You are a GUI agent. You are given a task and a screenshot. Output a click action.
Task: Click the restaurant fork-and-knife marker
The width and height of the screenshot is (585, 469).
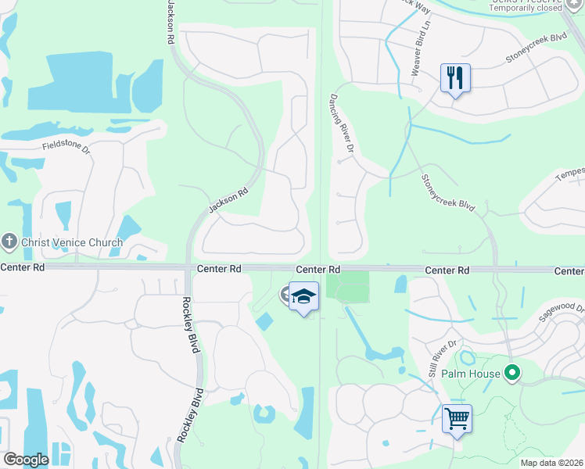455,78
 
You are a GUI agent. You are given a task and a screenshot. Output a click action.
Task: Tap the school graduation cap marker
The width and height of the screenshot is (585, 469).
304,297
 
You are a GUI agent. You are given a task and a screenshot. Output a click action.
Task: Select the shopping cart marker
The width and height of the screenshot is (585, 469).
457,417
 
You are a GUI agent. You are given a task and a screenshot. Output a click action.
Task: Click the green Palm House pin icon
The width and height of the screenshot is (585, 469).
513,374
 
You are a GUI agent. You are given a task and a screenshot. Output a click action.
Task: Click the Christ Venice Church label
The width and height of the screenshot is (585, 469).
72,242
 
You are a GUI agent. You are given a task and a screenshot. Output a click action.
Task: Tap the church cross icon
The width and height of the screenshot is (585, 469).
9,242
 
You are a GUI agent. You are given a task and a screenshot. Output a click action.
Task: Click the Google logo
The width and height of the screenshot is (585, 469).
26,460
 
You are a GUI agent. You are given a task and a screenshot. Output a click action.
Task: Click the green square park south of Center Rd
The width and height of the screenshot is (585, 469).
347,285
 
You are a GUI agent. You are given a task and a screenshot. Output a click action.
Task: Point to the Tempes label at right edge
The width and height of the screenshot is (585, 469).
569,177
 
